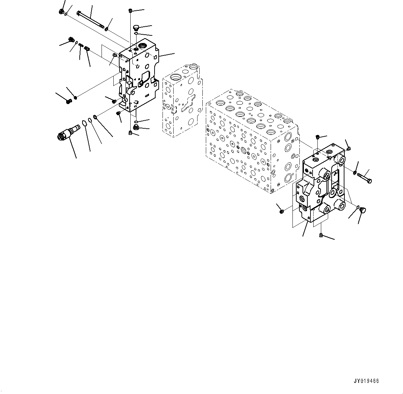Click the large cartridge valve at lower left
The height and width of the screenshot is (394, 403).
[x=68, y=133]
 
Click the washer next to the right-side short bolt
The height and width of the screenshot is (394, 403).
[x=356, y=173]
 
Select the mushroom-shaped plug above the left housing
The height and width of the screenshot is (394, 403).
[x=136, y=27]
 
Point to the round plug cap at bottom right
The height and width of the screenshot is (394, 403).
[x=363, y=210]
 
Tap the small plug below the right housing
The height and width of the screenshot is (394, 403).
[x=321, y=236]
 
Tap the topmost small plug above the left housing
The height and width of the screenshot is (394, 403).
[x=130, y=10]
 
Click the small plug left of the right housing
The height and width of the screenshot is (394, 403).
[x=281, y=210]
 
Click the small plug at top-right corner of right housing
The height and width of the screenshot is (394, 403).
[x=348, y=149]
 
